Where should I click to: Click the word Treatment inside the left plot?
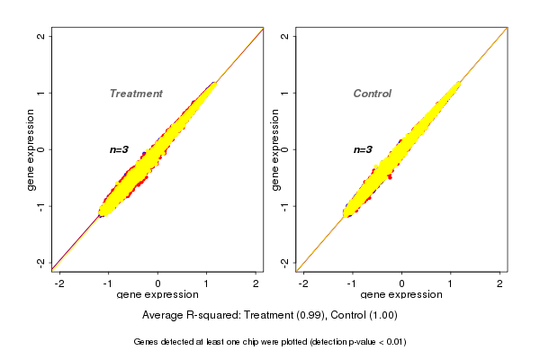coord(136,94)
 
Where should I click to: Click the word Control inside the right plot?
coord(372,94)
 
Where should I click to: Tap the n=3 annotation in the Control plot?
coord(363,149)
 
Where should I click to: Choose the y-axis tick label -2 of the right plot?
coord(284,262)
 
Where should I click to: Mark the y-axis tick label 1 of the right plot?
coord(284,93)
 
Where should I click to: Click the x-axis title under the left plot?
coord(157,295)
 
